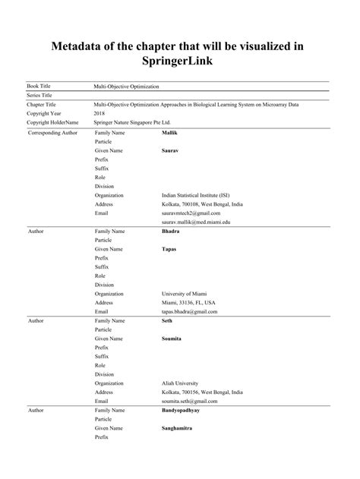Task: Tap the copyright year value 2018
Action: click(99, 113)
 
